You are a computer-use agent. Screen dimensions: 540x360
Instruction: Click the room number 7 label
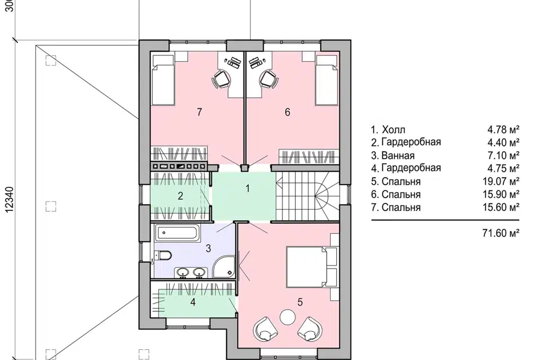click(x=199, y=112)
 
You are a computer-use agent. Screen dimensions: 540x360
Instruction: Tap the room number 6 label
click(x=287, y=112)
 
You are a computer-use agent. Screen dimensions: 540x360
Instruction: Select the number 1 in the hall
click(x=247, y=188)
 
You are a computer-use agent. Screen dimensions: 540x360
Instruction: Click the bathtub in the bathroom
click(x=177, y=233)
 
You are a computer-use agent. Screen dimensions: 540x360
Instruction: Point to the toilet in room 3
click(x=163, y=255)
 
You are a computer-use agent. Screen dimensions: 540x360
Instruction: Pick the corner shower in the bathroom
click(x=224, y=266)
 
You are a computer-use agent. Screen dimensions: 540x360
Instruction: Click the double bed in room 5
click(x=307, y=266)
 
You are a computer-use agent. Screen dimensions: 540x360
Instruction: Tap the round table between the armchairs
click(x=287, y=317)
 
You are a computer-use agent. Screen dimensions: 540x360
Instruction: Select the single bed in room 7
click(x=163, y=79)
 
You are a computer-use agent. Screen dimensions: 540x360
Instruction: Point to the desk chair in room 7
click(x=220, y=79)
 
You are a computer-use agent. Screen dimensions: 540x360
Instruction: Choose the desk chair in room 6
click(x=269, y=79)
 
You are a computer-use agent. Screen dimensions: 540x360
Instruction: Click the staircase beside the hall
click(x=307, y=196)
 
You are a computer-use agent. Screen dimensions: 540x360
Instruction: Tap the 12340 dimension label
click(x=10, y=199)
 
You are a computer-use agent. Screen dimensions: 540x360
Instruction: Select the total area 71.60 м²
click(x=501, y=233)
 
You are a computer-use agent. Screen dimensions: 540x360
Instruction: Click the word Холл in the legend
click(x=394, y=130)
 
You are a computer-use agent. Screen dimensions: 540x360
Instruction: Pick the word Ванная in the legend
click(x=398, y=156)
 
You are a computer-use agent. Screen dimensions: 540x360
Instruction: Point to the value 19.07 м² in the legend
click(x=501, y=181)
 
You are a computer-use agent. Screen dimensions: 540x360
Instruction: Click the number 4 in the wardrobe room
click(x=193, y=302)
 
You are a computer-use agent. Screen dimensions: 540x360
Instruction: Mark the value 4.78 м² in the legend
click(x=503, y=130)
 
